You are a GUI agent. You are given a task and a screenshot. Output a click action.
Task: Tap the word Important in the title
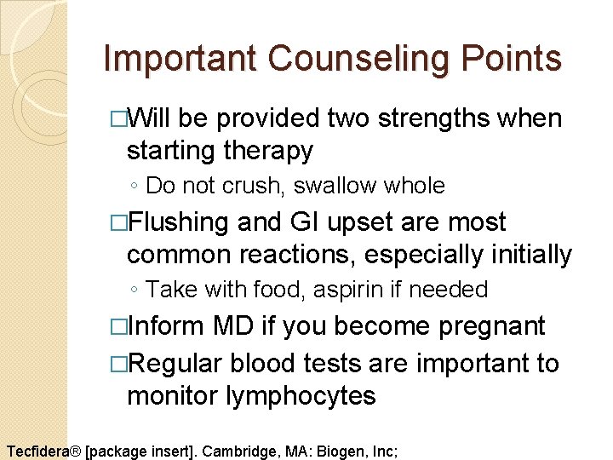[x=179, y=59]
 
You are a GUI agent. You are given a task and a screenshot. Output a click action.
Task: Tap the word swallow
[x=332, y=186]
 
